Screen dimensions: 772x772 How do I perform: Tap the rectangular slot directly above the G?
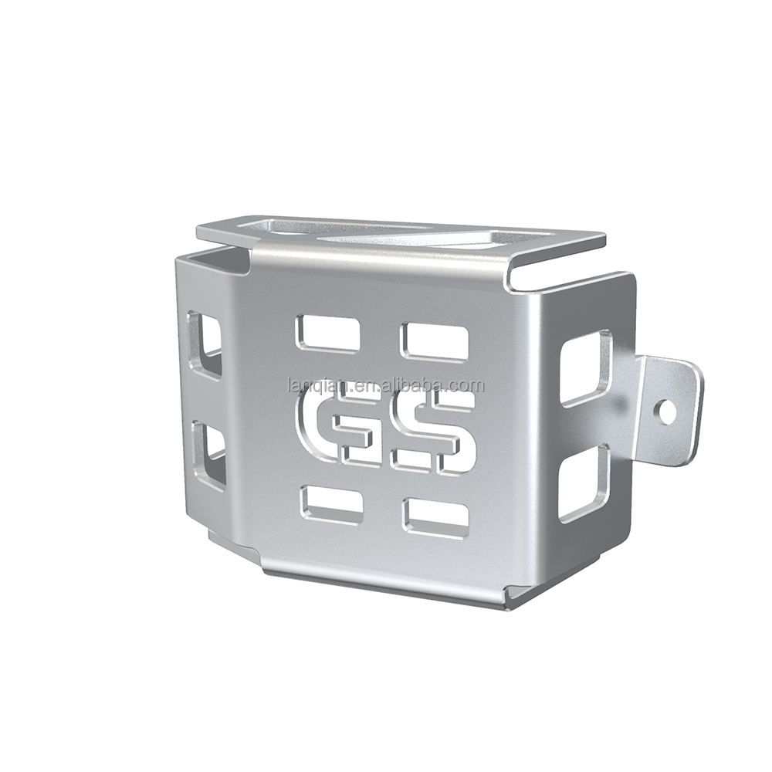point(327,333)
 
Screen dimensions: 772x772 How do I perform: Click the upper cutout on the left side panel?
point(204,344)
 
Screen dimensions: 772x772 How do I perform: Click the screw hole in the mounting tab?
point(667,414)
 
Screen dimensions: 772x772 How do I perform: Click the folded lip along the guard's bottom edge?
point(386,583)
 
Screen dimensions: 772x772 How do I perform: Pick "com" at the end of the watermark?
point(469,384)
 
